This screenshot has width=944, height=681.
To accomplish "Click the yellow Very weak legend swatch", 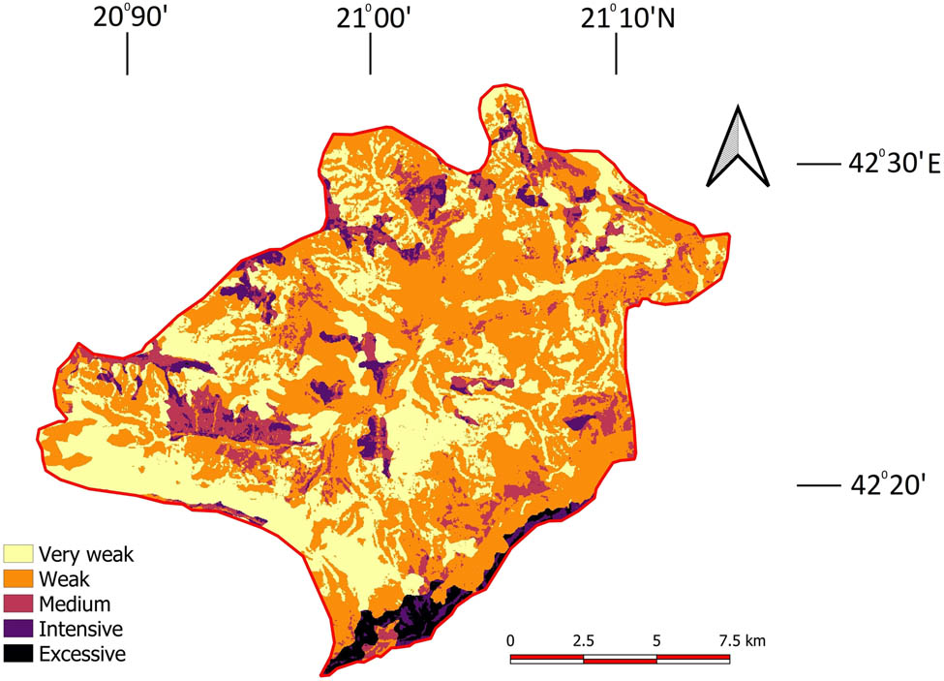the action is click(x=18, y=554).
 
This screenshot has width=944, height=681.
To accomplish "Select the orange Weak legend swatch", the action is click(x=18, y=579).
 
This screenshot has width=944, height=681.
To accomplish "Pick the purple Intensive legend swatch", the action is click(x=18, y=629).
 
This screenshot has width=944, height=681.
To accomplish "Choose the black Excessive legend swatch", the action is click(x=18, y=654).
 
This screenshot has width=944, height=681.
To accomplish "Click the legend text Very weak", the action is click(x=86, y=555).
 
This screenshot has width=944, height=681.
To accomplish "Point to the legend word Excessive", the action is click(x=82, y=654).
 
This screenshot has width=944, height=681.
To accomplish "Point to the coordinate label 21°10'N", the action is click(x=628, y=18).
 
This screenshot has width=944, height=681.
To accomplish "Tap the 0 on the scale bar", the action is click(x=511, y=641).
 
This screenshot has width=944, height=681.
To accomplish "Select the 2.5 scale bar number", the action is click(x=583, y=641).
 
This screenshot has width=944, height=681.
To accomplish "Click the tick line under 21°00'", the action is click(x=370, y=59).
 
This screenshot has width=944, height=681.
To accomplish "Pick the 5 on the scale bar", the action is click(x=656, y=641).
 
